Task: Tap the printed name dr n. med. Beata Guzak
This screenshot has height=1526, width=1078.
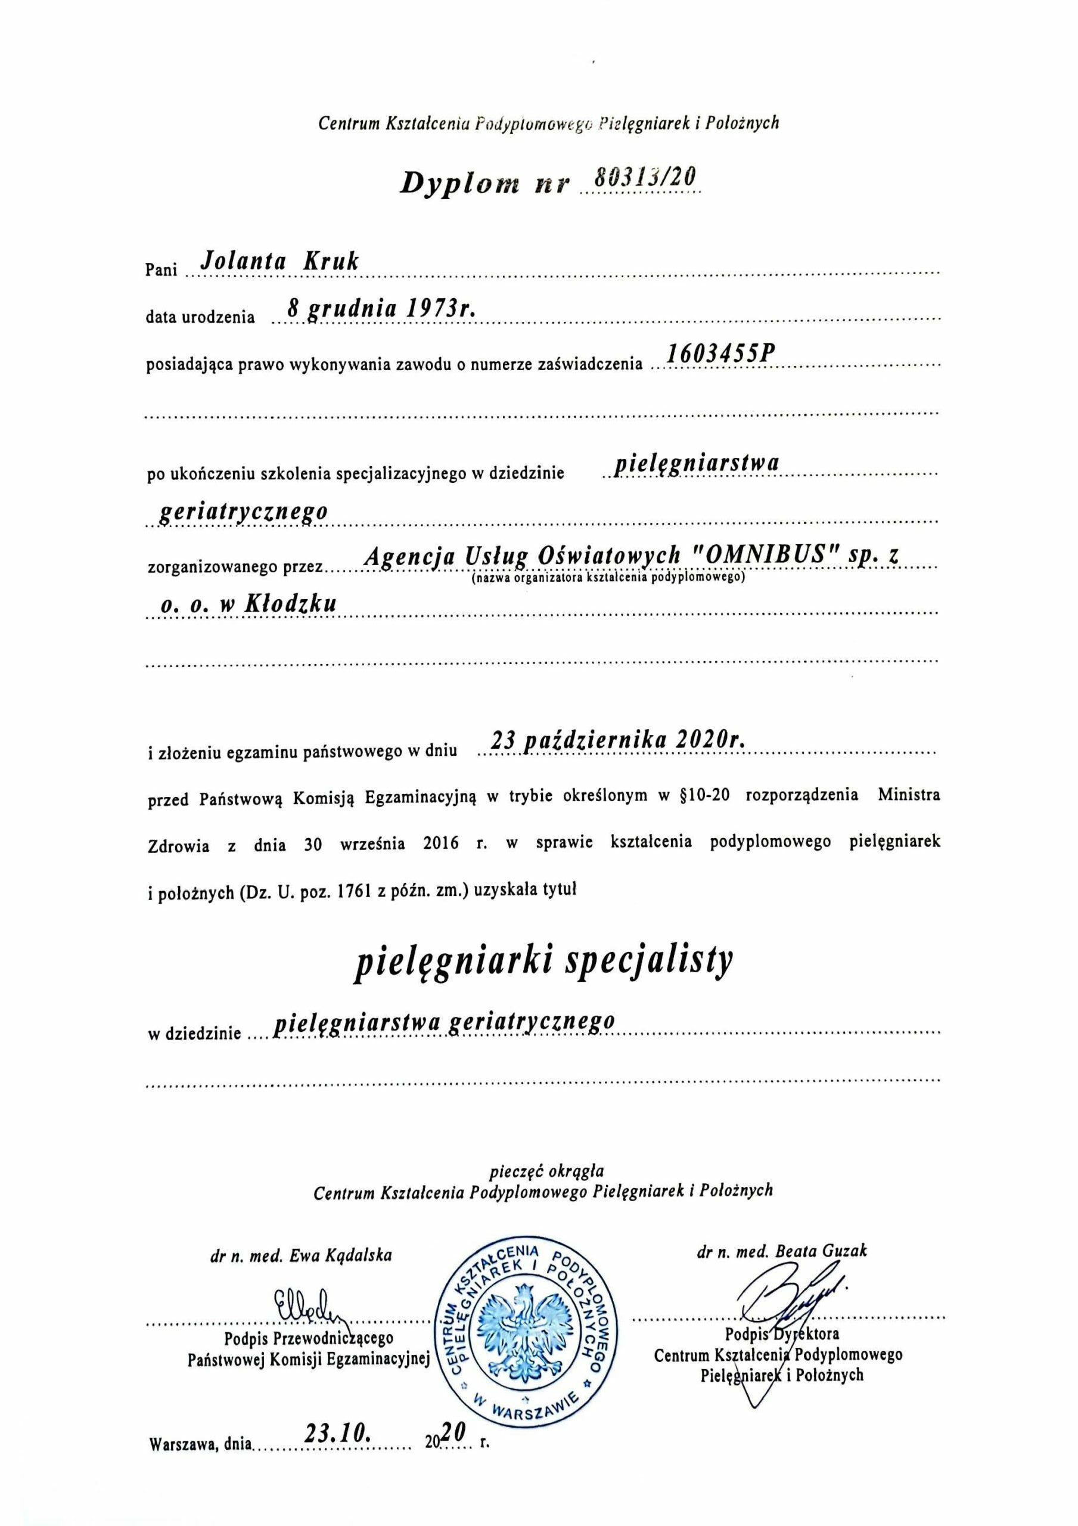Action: tap(782, 1252)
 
